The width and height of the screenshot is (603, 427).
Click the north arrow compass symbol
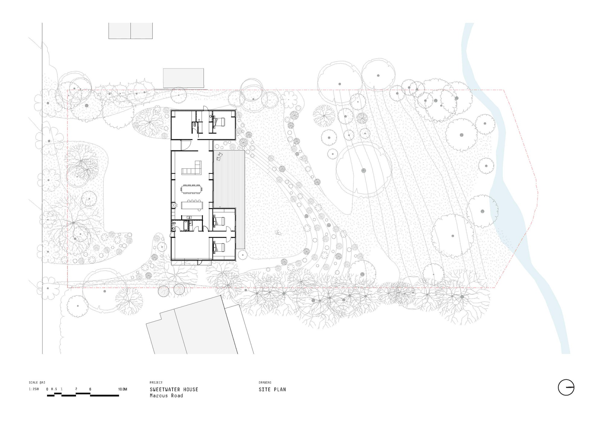pyautogui.click(x=566, y=387)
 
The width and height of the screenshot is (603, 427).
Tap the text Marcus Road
pyautogui.click(x=166, y=396)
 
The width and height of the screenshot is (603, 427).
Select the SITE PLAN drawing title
pyautogui.click(x=272, y=390)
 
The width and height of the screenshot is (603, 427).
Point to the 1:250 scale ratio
pyautogui.click(x=34, y=389)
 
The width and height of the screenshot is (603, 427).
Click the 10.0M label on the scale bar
pyautogui.click(x=122, y=389)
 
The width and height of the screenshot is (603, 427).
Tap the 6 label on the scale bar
pyautogui.click(x=90, y=389)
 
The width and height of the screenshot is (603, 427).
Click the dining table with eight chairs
pyautogui.click(x=192, y=189)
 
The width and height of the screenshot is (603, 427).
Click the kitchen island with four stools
pyautogui.click(x=192, y=206)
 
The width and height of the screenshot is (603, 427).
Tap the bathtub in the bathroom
pyautogui.click(x=186, y=225)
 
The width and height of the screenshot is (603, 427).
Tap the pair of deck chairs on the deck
pyautogui.click(x=219, y=156)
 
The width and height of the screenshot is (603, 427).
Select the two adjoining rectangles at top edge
pyautogui.click(x=131, y=31)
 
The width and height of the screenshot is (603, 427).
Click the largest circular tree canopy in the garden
pyautogui.click(x=364, y=170)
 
